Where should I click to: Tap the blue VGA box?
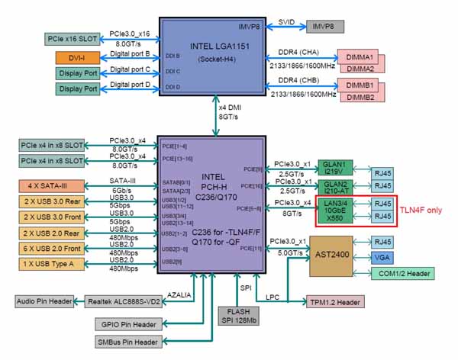click(x=382, y=259)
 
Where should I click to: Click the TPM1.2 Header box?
click(x=336, y=302)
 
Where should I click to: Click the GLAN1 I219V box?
click(x=334, y=168)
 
